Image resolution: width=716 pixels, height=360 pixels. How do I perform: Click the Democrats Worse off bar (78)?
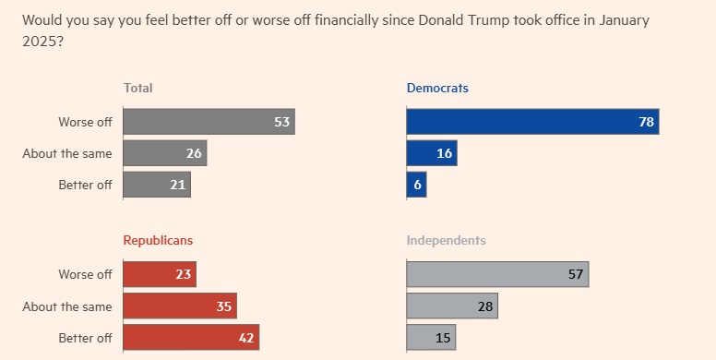[x=532, y=122]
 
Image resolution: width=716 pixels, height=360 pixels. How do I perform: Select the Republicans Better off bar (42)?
[x=191, y=337]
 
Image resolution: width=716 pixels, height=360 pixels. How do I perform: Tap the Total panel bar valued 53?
[x=209, y=122]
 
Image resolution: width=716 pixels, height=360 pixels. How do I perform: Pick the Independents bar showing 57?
[x=497, y=274]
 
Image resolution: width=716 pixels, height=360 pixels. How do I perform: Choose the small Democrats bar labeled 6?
[x=416, y=185]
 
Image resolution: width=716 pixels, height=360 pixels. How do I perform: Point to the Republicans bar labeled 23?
[x=160, y=274]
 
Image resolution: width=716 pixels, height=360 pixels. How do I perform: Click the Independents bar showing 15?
[x=431, y=337]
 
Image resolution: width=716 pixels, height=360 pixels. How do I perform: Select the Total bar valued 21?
[x=157, y=185]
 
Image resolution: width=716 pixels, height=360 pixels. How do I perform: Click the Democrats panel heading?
[x=437, y=88]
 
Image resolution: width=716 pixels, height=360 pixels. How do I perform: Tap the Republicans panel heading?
[x=158, y=240]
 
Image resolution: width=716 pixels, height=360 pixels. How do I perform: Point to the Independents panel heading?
[x=447, y=240]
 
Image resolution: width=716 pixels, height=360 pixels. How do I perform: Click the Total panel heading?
[x=137, y=88]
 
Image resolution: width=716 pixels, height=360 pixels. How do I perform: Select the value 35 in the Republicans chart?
[x=223, y=306]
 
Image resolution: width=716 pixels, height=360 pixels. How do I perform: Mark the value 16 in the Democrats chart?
[x=445, y=153]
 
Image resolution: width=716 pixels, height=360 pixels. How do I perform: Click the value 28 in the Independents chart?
[x=485, y=306]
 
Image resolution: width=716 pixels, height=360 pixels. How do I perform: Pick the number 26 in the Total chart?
[x=194, y=153]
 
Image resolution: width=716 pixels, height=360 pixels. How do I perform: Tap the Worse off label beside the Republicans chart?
[x=85, y=274]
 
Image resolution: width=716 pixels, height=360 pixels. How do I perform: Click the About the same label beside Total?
[x=67, y=153]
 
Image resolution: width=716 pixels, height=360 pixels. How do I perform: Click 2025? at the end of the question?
[x=42, y=42]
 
